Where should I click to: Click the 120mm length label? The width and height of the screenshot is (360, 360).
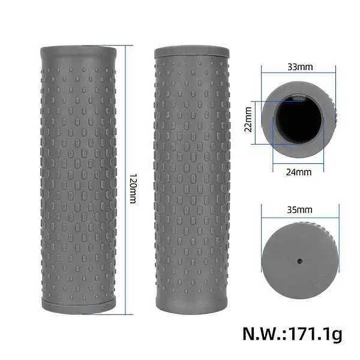click(x=133, y=188)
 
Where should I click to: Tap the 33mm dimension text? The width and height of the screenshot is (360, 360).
click(x=300, y=67)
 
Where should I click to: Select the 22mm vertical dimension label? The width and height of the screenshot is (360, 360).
click(x=248, y=119)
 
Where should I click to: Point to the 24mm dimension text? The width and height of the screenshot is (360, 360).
click(x=299, y=172)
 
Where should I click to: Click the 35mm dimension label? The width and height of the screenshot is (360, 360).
click(x=299, y=209)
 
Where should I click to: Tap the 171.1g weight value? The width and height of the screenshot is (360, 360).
click(x=316, y=335)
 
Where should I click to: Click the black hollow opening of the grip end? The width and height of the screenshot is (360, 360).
click(x=298, y=119)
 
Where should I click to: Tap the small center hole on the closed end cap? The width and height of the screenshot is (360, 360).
click(x=299, y=261)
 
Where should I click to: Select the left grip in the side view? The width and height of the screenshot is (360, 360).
click(x=79, y=180)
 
